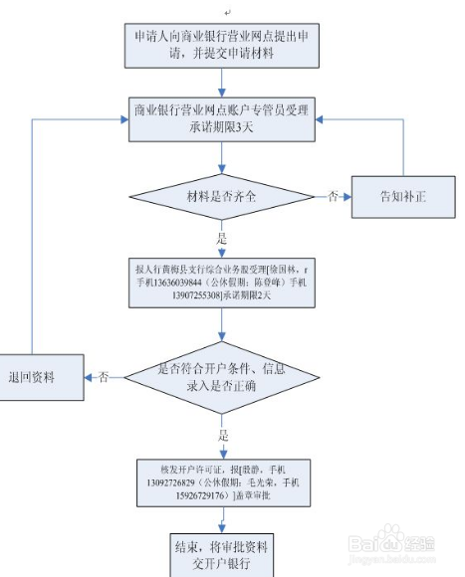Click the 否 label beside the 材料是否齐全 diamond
pos(332,196)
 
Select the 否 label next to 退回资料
pos(104,377)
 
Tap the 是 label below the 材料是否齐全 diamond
pos(223,240)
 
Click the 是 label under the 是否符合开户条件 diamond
pos(223,436)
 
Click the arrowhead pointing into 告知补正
pos(348,196)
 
